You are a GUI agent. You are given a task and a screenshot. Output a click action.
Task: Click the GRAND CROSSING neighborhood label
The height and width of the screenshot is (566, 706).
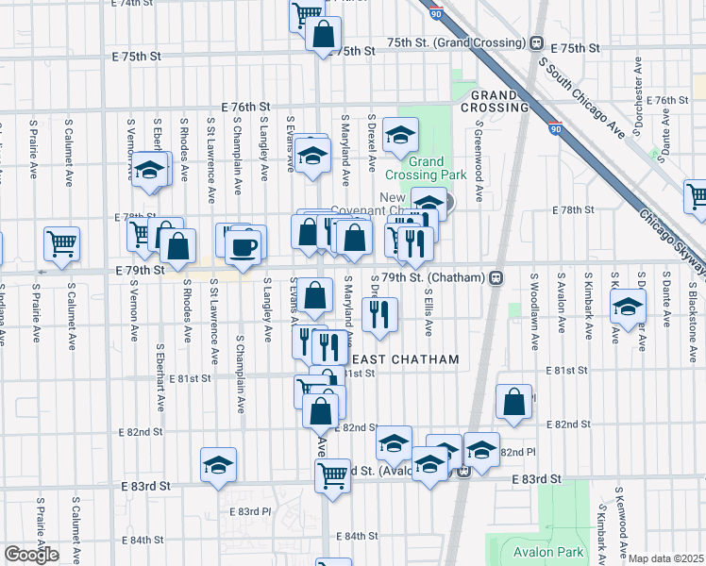pos(495,101)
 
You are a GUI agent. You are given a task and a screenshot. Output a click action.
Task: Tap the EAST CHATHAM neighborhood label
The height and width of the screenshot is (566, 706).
pos(405,359)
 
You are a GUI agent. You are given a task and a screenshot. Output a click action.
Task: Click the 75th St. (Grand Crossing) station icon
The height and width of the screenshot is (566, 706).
pos(536,43)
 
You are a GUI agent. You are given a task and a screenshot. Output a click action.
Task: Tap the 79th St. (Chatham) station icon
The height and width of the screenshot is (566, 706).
pos(495,278)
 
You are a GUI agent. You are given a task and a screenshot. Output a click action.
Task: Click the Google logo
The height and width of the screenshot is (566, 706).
pos(31,555)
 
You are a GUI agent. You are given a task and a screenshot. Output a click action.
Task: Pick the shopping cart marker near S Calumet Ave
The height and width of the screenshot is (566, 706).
pos(62,242)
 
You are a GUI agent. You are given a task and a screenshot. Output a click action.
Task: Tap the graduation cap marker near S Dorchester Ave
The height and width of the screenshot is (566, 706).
pos(628,305)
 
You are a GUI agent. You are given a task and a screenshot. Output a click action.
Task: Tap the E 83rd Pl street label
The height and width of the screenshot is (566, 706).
pos(250,511)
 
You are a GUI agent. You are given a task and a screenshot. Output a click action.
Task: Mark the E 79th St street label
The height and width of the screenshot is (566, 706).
pos(145,270)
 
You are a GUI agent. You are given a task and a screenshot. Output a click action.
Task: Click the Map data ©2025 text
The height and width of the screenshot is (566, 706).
pos(666,559)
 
